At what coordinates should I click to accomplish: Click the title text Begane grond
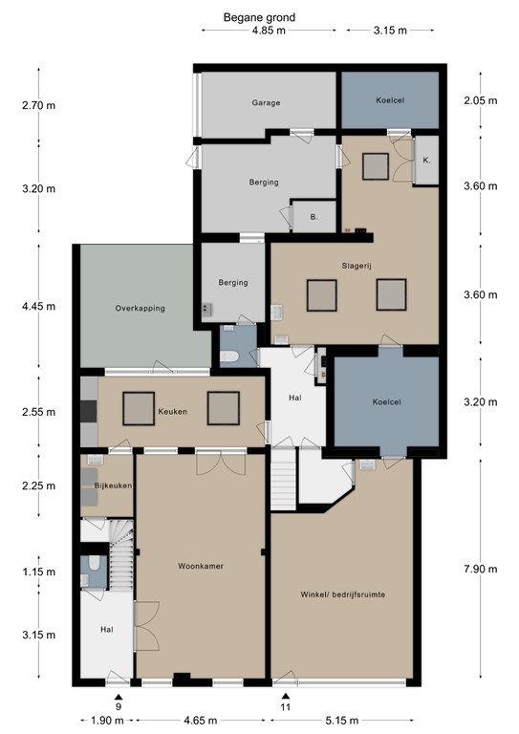(259, 16)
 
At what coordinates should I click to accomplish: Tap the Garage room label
(266, 103)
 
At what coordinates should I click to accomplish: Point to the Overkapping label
(141, 309)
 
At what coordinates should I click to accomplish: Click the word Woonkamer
(201, 566)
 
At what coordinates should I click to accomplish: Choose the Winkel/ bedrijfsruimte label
(341, 594)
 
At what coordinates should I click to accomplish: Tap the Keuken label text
(172, 412)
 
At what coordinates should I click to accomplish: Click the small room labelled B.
(314, 217)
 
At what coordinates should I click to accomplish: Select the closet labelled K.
(426, 161)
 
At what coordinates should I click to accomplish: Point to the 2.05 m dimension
(480, 101)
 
